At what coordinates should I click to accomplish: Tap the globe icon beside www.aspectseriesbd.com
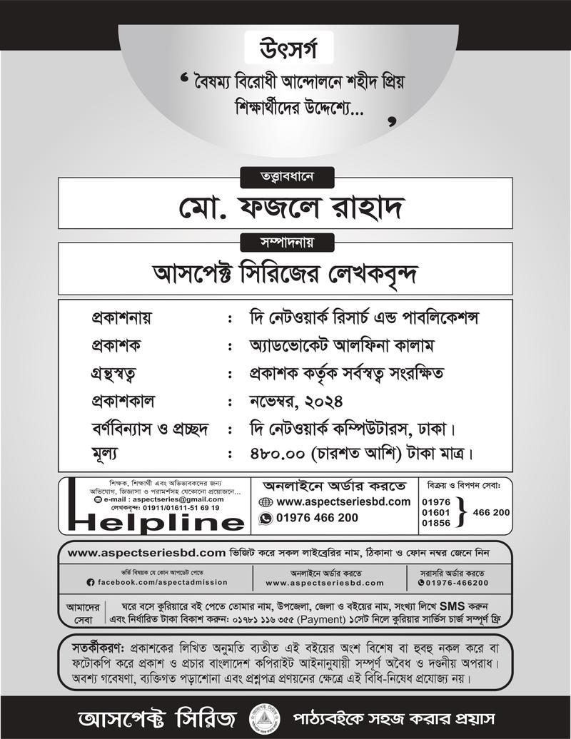click(x=266, y=502)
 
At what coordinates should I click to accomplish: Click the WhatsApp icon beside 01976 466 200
click(x=266, y=519)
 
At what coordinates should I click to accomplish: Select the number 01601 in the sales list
click(x=436, y=512)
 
